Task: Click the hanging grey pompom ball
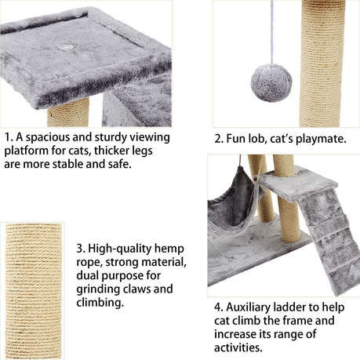(x=271, y=82)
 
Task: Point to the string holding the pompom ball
(x=271, y=31)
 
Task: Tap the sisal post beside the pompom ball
(x=322, y=63)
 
